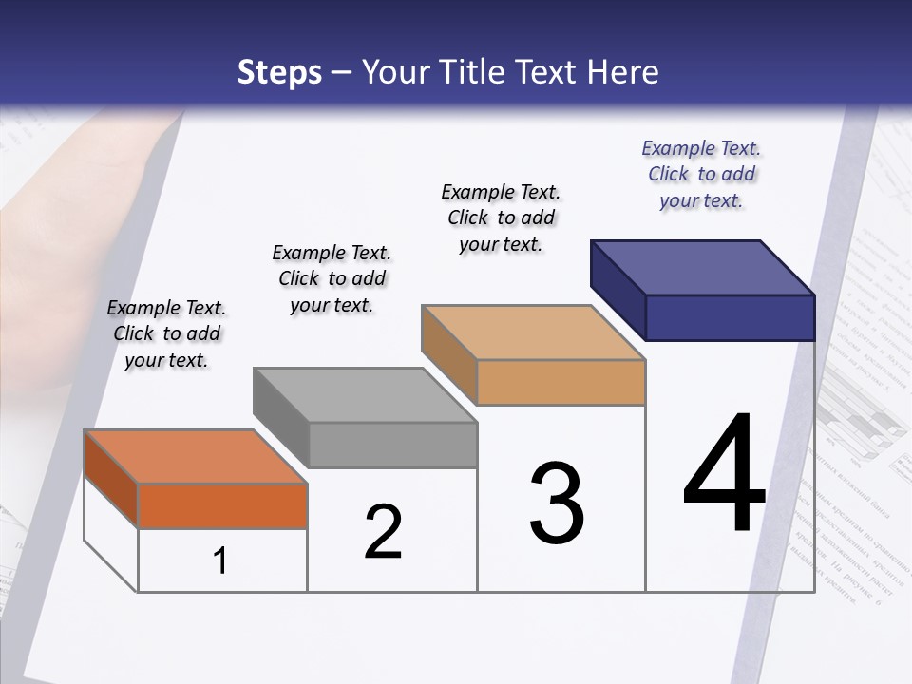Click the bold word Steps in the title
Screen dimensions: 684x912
point(279,72)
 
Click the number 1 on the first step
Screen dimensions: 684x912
point(219,560)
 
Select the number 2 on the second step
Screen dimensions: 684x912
point(383,532)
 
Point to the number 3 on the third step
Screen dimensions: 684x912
point(556,503)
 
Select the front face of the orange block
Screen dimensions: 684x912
point(222,505)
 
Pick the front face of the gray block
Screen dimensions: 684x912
point(392,445)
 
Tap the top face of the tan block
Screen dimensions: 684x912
point(532,332)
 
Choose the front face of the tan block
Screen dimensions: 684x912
point(560,382)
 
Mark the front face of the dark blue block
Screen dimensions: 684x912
point(730,317)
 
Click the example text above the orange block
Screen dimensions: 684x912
point(166,333)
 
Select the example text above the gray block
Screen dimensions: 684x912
point(332,278)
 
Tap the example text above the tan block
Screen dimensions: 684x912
point(501,218)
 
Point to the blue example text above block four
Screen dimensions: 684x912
point(701,174)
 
